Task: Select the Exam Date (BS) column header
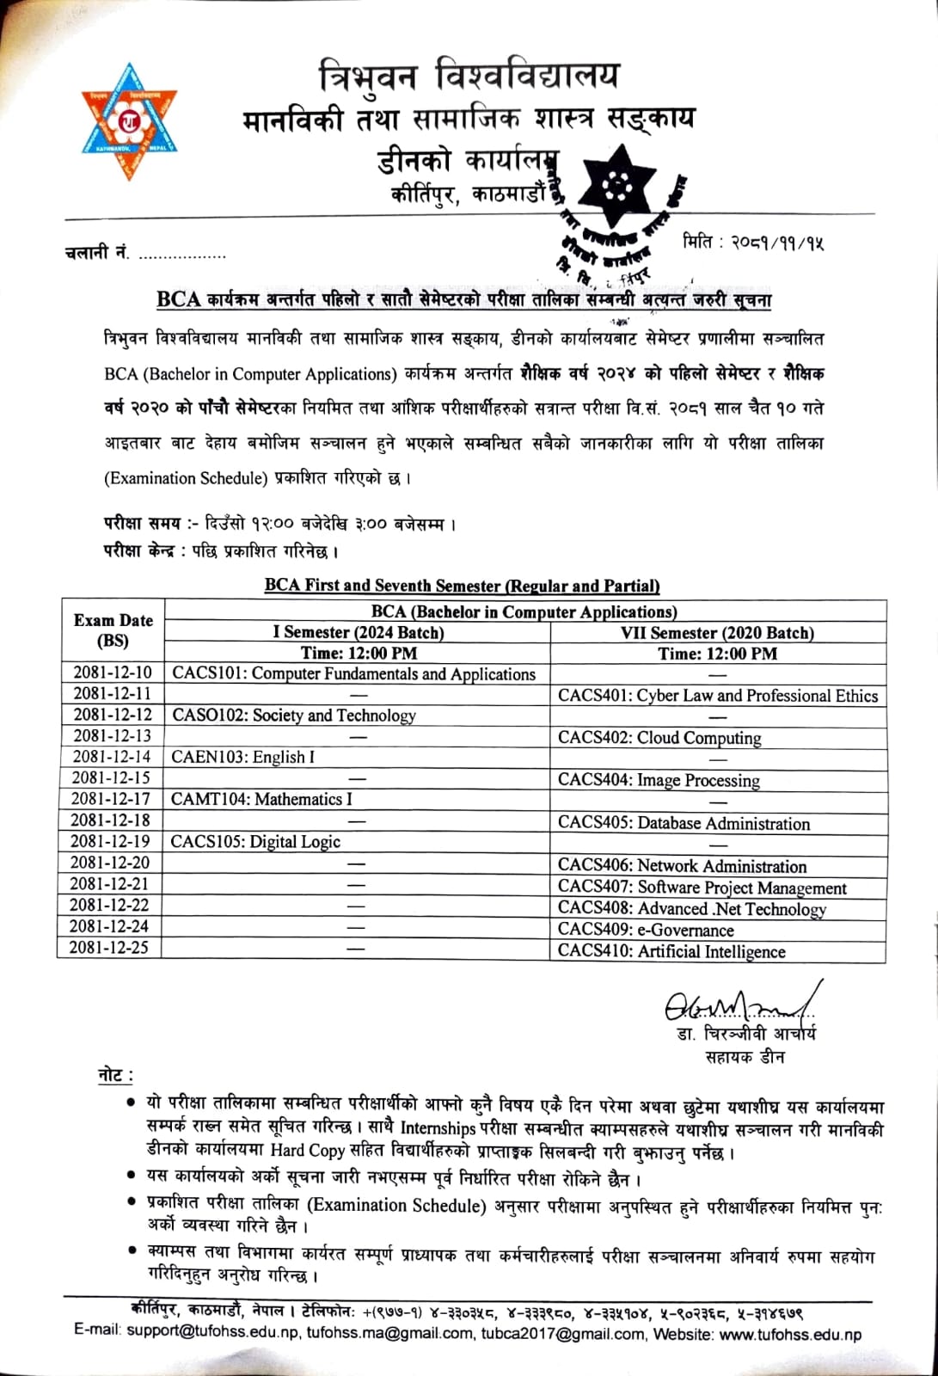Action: (x=113, y=630)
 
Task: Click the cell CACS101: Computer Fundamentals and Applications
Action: (x=353, y=674)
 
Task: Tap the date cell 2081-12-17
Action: (x=111, y=799)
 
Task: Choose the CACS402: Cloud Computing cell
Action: (x=659, y=738)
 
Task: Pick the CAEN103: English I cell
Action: (x=243, y=758)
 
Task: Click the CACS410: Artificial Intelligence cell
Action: (x=671, y=951)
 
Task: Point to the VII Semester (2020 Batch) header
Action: (x=717, y=633)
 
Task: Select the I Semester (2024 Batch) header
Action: (x=359, y=633)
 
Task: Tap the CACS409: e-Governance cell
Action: (x=646, y=930)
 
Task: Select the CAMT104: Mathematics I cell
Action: (x=261, y=799)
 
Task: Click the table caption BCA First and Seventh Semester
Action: (x=462, y=586)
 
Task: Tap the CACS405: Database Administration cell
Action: (x=684, y=823)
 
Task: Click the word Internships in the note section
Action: (x=438, y=1127)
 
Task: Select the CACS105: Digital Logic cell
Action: (x=255, y=842)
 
